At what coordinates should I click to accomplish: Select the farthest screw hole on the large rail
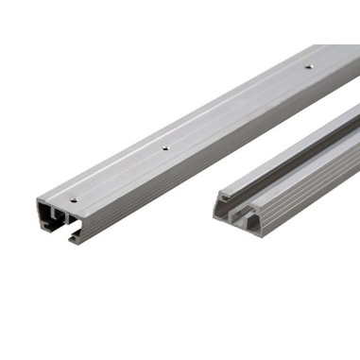click(308, 68)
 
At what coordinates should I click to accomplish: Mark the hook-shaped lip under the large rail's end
click(75, 237)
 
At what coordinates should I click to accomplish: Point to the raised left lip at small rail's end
click(221, 200)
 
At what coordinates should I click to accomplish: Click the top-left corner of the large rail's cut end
click(39, 200)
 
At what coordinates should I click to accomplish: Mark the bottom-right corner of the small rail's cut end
click(257, 232)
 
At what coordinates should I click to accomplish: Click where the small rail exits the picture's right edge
click(356, 142)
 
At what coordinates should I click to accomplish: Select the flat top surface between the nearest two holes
click(118, 175)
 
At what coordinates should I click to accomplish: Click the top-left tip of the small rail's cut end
click(218, 195)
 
